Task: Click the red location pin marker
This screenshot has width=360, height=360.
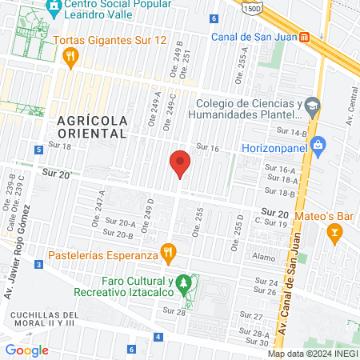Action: (x=180, y=164)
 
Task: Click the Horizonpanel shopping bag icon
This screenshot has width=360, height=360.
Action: (x=318, y=145)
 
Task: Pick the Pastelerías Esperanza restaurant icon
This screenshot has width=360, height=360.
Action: (x=167, y=254)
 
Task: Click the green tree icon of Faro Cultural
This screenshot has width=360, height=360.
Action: (x=184, y=282)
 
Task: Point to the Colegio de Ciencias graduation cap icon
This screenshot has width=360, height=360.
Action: (x=312, y=105)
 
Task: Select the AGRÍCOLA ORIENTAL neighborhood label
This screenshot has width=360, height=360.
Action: (x=92, y=126)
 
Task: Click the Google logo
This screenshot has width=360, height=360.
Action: (x=27, y=350)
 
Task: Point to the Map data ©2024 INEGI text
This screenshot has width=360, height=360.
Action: (x=313, y=354)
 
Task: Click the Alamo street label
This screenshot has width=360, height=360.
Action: (x=264, y=258)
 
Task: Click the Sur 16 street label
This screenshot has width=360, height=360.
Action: (x=207, y=147)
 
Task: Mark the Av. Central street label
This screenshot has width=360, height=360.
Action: (x=350, y=111)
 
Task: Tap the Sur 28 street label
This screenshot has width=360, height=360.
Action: (x=175, y=311)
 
